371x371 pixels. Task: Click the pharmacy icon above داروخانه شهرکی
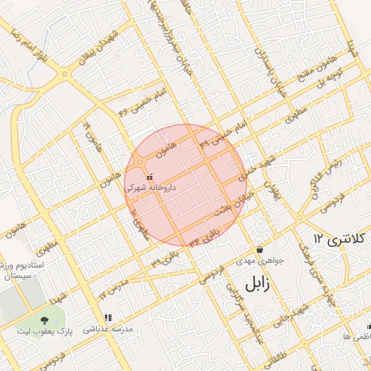tap(149, 177)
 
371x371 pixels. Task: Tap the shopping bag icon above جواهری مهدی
tap(259, 250)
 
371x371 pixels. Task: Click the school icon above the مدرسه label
tap(108, 317)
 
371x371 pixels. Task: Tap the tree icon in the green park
tap(45, 320)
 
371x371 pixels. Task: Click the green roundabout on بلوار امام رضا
tap(65, 74)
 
